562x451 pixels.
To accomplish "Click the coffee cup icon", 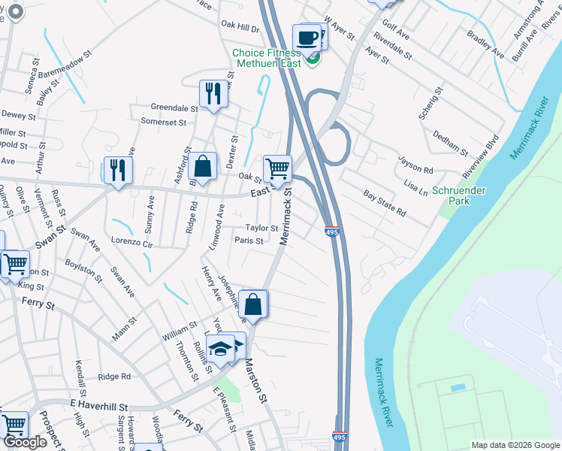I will [x=307, y=37].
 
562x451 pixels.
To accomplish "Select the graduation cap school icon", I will [x=221, y=348].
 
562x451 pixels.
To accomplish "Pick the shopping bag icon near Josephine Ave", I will [x=253, y=304].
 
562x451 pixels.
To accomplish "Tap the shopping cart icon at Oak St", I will [x=277, y=168].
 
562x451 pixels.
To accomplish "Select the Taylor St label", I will [x=261, y=229].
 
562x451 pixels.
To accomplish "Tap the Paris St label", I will [x=248, y=241].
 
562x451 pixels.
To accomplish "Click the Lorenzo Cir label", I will [x=131, y=244].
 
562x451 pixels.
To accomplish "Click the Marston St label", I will [x=255, y=380].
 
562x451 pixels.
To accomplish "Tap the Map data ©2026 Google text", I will [x=515, y=445].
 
